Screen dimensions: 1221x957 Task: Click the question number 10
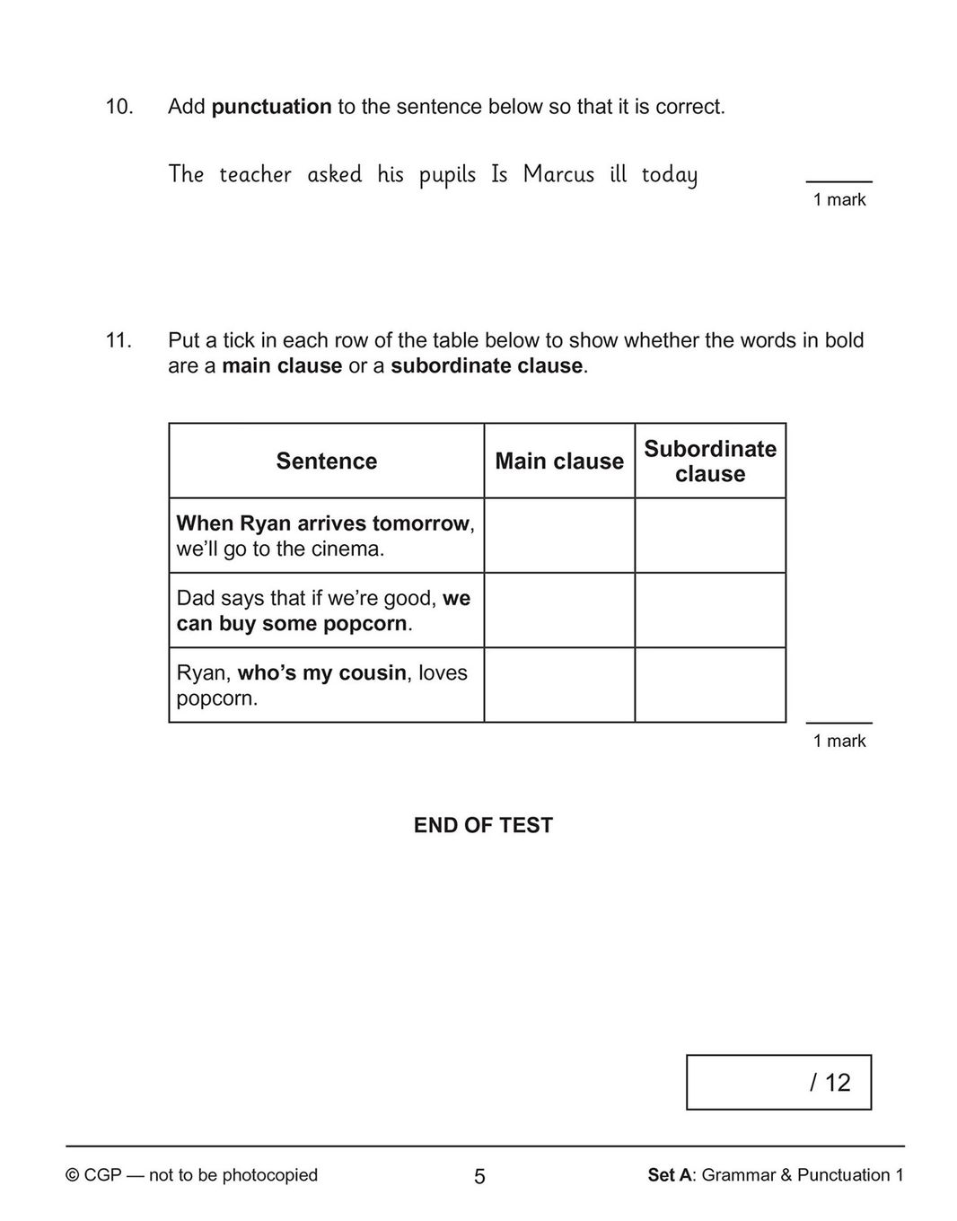tap(119, 107)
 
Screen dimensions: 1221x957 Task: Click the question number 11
tap(119, 341)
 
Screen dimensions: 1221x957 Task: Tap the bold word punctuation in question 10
tap(271, 107)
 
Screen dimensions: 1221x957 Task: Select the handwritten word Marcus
tap(558, 174)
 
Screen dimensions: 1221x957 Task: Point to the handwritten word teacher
tap(255, 174)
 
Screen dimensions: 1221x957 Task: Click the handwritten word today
tap(669, 175)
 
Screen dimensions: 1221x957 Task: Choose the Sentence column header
tap(327, 461)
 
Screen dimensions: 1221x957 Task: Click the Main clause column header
tap(559, 461)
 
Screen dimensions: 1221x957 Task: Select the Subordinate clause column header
tap(710, 461)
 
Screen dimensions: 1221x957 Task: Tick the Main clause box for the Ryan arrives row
tap(559, 536)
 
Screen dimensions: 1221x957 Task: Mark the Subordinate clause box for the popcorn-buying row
tap(710, 610)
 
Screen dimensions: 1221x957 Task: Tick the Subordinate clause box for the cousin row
tap(710, 685)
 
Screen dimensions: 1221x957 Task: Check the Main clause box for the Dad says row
tap(559, 610)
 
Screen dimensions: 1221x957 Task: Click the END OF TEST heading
tap(483, 826)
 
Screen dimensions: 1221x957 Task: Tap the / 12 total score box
tap(778, 1082)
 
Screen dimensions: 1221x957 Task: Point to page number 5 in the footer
tap(479, 1176)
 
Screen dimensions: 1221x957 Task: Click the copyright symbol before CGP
tap(73, 1175)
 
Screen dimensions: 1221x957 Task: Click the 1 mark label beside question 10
tap(839, 200)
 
